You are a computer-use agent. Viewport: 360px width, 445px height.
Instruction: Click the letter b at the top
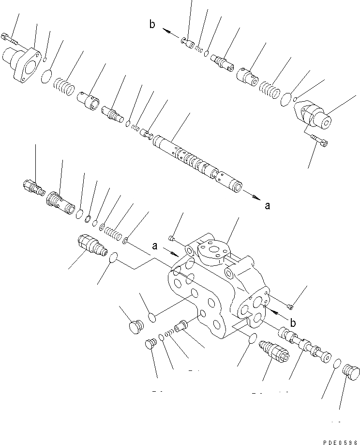152,25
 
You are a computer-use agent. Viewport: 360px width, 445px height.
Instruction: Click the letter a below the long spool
267,205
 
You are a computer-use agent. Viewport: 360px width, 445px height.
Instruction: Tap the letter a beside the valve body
154,246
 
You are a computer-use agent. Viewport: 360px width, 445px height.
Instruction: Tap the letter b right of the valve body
293,322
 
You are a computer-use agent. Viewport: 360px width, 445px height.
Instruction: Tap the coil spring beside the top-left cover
63,88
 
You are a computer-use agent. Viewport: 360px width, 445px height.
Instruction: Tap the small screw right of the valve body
290,306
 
